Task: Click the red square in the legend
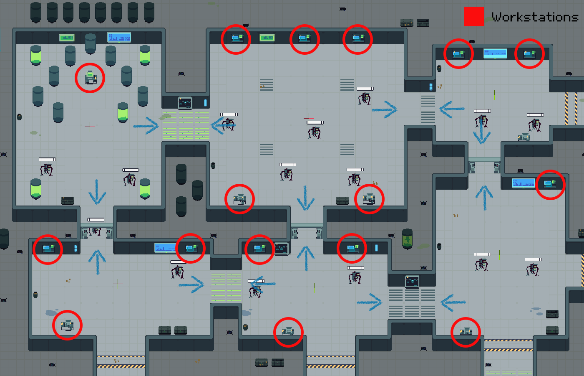coord(474,16)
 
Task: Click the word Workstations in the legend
coord(535,17)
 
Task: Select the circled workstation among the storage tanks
coord(91,78)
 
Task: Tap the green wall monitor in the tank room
coord(67,38)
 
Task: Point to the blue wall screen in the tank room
coord(119,38)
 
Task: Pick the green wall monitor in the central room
coord(267,38)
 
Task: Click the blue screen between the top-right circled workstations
coord(495,53)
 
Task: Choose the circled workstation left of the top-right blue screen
coord(458,54)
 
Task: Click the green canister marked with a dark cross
coord(407,239)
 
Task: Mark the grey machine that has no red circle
coord(524,137)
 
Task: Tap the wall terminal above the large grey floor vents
coord(412,281)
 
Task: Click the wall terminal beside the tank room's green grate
coord(185,102)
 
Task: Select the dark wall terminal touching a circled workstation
coord(282,248)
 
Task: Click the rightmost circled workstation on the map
coord(550,184)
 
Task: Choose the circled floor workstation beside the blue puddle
coord(67,325)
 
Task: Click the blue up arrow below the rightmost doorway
coord(484,197)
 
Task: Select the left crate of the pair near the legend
coord(407,23)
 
